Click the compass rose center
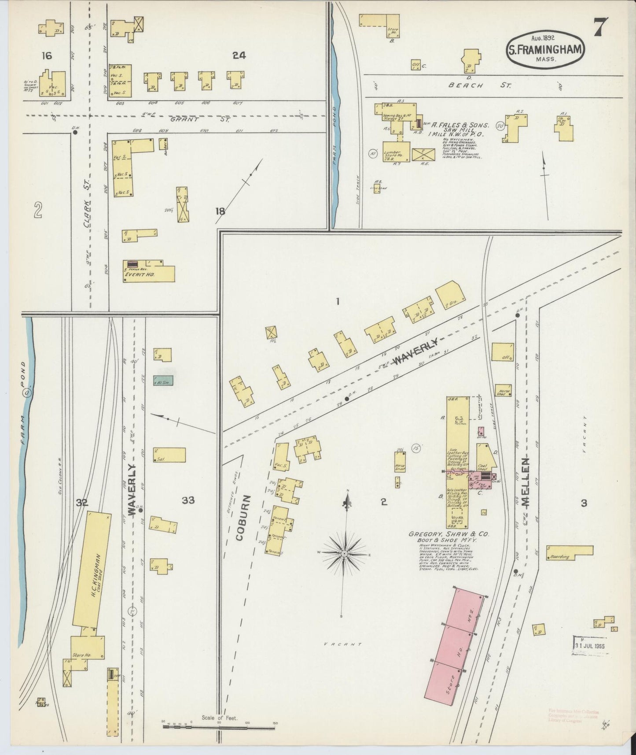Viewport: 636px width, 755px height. pyautogui.click(x=344, y=553)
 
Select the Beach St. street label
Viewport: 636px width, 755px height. pyautogui.click(x=479, y=85)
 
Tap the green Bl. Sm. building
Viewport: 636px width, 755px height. pyautogui.click(x=163, y=380)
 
